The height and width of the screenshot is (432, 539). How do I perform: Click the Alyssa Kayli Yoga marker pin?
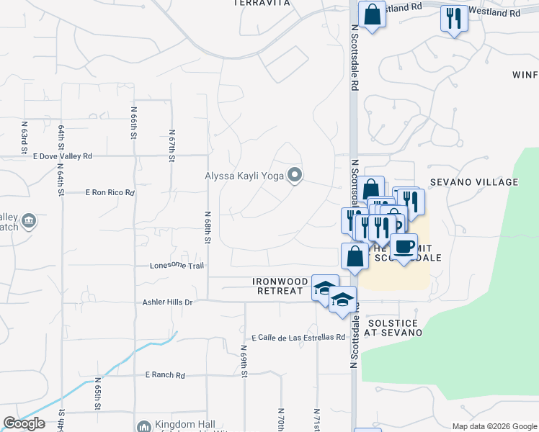295,175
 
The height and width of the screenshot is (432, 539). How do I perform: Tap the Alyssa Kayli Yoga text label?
245,175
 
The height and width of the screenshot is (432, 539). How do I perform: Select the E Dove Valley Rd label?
63,156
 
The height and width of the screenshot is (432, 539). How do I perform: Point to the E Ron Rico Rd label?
110,193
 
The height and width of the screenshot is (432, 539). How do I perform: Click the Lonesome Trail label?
177,266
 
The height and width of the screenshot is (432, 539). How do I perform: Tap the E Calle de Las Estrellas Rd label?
298,337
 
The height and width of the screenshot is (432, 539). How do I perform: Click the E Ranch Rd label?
165,375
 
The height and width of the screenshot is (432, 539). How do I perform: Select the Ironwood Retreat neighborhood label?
281,286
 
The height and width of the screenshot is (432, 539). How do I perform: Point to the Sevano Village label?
484,182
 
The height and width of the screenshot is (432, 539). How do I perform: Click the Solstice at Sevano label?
393,326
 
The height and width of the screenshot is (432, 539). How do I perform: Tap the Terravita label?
262,3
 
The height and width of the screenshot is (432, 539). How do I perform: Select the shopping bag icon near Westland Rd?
372,14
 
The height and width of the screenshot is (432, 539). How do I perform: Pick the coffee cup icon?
404,246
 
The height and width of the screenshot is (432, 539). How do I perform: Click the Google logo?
24,423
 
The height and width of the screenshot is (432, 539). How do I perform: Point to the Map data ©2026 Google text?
494,426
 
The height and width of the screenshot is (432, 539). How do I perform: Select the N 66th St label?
134,122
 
